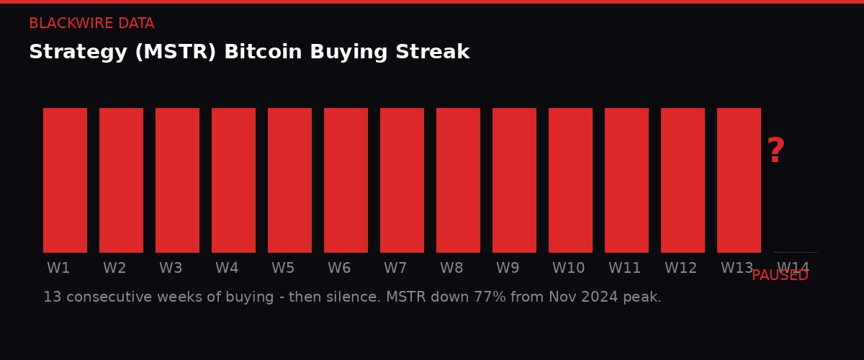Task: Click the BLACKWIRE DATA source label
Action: [x=91, y=24]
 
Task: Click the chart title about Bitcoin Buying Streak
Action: [x=249, y=53]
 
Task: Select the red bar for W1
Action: [x=65, y=180]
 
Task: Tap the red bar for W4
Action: [x=233, y=180]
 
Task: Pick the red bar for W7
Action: [x=402, y=180]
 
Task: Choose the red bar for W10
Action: [x=570, y=180]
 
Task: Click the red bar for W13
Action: [x=739, y=180]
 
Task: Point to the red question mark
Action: [x=775, y=151]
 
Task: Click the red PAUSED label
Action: [x=780, y=276]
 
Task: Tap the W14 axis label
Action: [x=793, y=267]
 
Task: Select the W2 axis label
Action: [x=114, y=269]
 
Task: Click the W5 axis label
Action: [x=283, y=269]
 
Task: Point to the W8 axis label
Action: [x=451, y=269]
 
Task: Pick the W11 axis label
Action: [x=624, y=269]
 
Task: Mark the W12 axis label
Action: [x=680, y=269]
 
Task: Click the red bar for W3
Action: [x=177, y=180]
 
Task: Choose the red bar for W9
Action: [x=514, y=180]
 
